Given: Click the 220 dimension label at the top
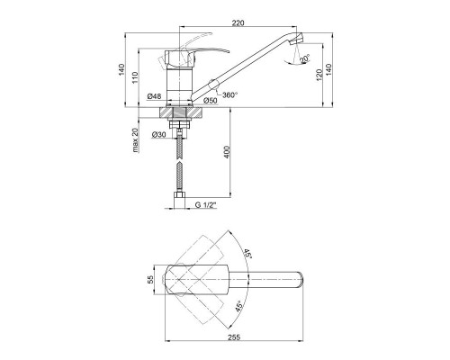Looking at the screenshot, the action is point(238,22).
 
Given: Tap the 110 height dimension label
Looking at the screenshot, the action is point(135,77).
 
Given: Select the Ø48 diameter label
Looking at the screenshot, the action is point(154,96).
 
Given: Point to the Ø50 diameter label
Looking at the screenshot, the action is point(210,101).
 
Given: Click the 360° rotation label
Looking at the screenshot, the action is point(230,94).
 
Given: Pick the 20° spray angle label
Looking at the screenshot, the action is point(304,58).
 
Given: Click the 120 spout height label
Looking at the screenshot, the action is point(319,75).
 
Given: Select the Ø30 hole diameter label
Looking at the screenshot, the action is point(158,135).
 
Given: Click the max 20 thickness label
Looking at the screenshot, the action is point(136,140).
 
